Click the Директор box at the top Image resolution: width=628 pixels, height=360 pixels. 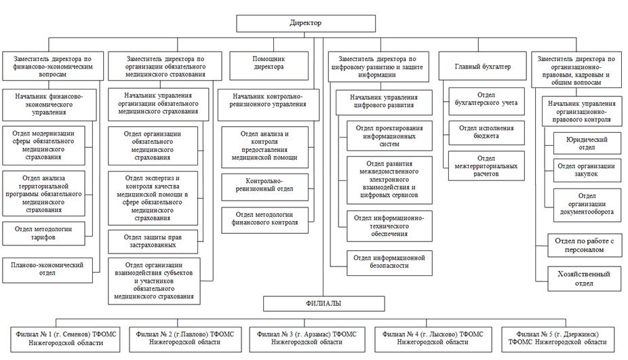tap(306, 23)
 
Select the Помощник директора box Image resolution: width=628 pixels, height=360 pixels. tap(269, 66)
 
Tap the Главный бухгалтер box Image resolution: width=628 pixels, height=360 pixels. tap(483, 66)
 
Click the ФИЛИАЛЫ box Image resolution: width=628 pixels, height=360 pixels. tap(324, 304)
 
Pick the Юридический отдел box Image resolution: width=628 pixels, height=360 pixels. tap(587, 143)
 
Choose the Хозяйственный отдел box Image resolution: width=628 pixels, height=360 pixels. tap(584, 279)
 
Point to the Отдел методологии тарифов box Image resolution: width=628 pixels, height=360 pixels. tap(43, 233)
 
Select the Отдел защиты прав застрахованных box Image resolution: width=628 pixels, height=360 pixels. tap(153, 241)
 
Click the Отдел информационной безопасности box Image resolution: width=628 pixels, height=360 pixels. tap(389, 262)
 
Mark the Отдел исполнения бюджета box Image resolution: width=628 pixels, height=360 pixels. tap(486, 133)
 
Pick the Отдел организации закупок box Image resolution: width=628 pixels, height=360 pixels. tap(587, 170)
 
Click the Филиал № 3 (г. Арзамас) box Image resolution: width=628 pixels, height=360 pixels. tap(307, 340)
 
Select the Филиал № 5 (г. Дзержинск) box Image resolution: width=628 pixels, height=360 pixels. tap(558, 340)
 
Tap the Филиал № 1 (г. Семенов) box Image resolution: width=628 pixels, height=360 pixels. tap(65, 340)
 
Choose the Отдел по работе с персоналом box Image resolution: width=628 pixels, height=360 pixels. tap(584, 245)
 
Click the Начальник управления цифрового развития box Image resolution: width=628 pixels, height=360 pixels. tap(384, 102)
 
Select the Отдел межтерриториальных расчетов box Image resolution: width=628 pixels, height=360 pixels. tap(486, 166)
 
